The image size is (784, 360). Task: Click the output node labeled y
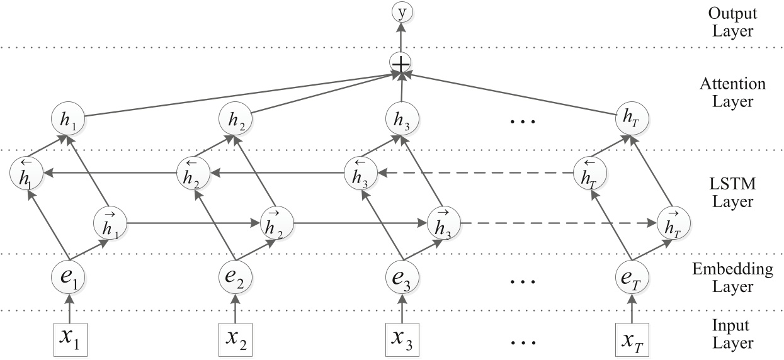[x=400, y=11]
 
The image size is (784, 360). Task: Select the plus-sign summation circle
[x=400, y=62]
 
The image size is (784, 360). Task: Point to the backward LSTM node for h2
[x=192, y=171]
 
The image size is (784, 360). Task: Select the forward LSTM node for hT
[x=673, y=223]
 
